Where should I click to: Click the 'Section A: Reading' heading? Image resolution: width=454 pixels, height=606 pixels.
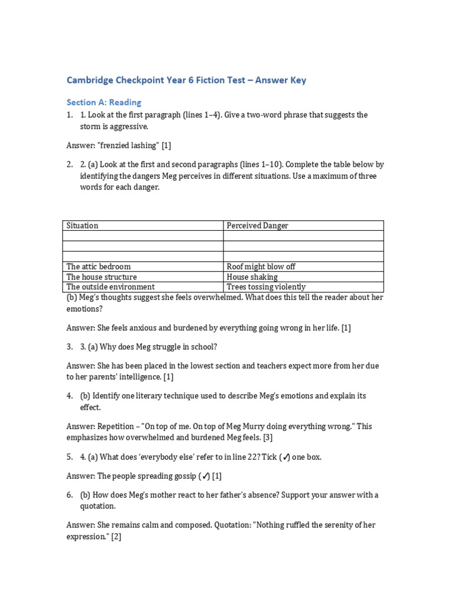tap(103, 102)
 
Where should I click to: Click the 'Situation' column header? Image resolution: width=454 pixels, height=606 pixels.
tap(82, 225)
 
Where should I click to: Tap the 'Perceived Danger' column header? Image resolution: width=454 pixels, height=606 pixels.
tap(257, 225)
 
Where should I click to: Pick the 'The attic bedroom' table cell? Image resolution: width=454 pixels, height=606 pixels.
tap(99, 266)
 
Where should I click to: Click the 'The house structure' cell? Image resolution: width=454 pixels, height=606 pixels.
tap(101, 276)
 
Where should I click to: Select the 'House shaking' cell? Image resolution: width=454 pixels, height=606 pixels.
tap(252, 276)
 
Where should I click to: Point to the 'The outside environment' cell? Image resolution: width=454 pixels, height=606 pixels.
tap(111, 286)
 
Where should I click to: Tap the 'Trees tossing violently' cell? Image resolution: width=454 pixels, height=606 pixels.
tap(266, 286)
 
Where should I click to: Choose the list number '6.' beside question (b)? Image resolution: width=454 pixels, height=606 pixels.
tap(70, 495)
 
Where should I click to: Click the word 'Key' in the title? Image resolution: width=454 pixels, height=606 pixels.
tap(297, 80)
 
